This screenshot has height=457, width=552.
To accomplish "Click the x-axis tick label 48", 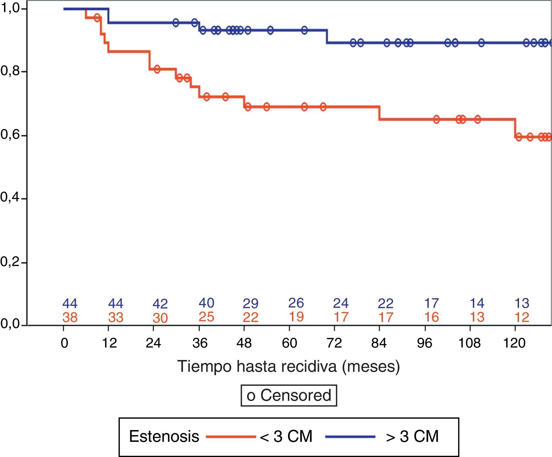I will pos(244,343).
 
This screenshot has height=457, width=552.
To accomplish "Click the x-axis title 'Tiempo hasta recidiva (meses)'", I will pos(289,366).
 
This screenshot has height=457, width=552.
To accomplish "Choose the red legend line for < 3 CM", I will pos(231,437).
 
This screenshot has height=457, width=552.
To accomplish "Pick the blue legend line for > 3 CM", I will pos(350,437).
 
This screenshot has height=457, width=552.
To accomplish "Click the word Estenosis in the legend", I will pos(164,437).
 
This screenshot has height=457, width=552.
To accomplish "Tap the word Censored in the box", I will pos(296,395).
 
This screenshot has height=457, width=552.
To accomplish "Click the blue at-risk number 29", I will pos(251,303).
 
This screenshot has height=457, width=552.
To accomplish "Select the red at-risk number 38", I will pos(70,317).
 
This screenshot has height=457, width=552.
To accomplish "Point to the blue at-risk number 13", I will pos(522,303).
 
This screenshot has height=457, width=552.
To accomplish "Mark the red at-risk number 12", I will pos(522,317).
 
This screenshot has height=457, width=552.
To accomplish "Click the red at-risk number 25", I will pos(206,317).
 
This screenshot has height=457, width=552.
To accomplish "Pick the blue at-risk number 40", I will pos(206,303).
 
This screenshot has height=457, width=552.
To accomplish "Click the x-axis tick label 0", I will pos(64,343).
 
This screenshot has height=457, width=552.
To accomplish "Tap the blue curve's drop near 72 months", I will pos(327,36).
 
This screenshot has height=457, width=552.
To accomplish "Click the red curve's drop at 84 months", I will pos(379,113).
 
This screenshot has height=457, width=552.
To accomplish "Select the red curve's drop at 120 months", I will pos(515,128).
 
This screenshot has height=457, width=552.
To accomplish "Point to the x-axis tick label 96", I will pos(424,343).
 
